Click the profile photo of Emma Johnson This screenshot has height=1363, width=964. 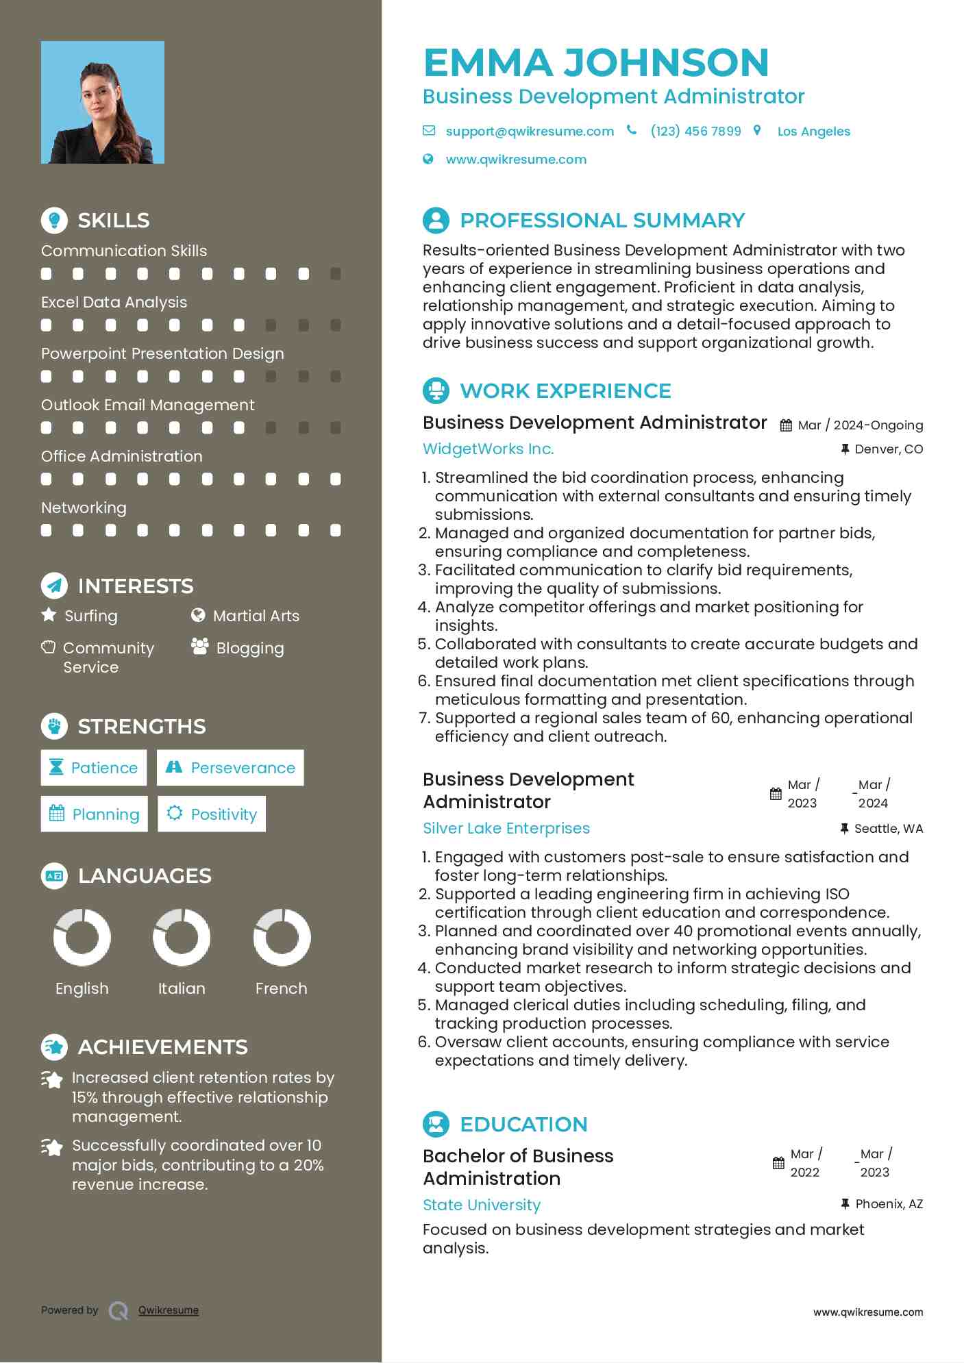103,102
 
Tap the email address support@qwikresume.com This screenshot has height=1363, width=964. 529,131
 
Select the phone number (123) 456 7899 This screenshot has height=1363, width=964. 695,131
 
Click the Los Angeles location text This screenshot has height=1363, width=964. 813,132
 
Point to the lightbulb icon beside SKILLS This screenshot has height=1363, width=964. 54,220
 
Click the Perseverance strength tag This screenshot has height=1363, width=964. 230,768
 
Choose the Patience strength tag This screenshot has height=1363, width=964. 93,768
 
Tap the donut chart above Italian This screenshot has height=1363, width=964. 182,937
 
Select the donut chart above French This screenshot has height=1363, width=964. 282,937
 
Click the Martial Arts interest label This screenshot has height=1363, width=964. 256,616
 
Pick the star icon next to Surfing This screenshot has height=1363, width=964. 49,614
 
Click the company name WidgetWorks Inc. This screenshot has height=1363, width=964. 488,449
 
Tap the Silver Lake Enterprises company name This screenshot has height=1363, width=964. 506,828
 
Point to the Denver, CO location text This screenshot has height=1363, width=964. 888,449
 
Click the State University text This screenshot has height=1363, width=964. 481,1205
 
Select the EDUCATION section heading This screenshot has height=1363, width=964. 523,1124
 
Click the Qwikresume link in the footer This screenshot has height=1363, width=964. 169,1310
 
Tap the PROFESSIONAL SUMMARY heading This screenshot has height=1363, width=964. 602,220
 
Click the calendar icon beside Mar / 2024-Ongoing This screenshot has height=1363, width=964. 786,425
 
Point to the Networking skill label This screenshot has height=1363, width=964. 84,508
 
